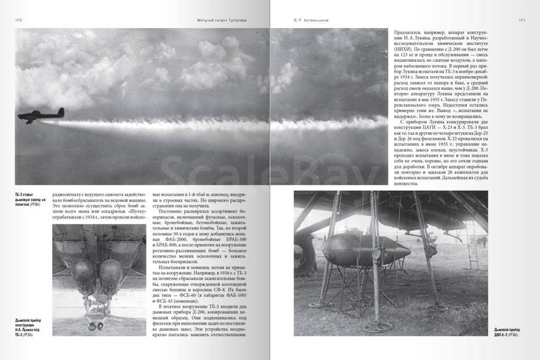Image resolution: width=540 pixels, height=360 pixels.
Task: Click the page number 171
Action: point(522,20)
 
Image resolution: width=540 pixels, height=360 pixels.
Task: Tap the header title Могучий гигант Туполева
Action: point(221,20)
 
